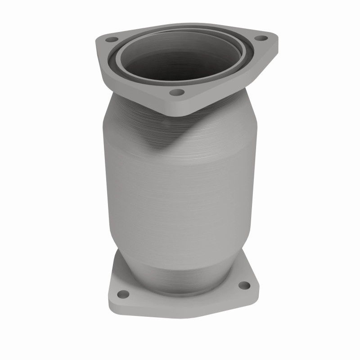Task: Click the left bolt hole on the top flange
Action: tap(109, 40)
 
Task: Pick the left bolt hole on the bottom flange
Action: tap(122, 294)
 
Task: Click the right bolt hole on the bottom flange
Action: tap(243, 285)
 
